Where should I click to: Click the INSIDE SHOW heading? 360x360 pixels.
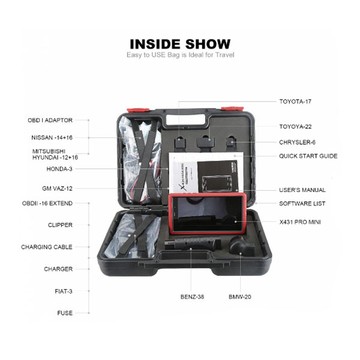tap(180, 44)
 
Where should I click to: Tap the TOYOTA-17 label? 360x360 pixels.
tap(295, 101)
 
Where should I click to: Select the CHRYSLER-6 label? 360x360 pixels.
tap(298, 142)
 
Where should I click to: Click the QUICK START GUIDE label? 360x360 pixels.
tap(308, 156)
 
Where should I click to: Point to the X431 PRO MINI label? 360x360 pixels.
tap(300, 222)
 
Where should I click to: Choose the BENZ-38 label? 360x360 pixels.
tap(192, 297)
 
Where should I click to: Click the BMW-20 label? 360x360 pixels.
tap(239, 297)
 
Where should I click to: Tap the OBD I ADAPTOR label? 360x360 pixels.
tap(50, 121)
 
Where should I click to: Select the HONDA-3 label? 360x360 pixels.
tap(59, 169)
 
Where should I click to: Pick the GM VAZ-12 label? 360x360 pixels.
tap(57, 188)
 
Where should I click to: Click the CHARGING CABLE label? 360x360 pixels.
tap(47, 247)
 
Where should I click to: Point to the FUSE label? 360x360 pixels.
tap(65, 313)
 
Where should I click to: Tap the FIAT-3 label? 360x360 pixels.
tap(64, 292)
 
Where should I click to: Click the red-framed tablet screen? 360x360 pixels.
tap(208, 214)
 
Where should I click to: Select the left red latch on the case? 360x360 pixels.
tap(138, 110)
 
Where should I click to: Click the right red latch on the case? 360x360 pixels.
tap(232, 109)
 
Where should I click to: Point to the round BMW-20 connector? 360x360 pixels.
tap(242, 247)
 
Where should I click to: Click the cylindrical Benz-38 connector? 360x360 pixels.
tap(193, 244)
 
